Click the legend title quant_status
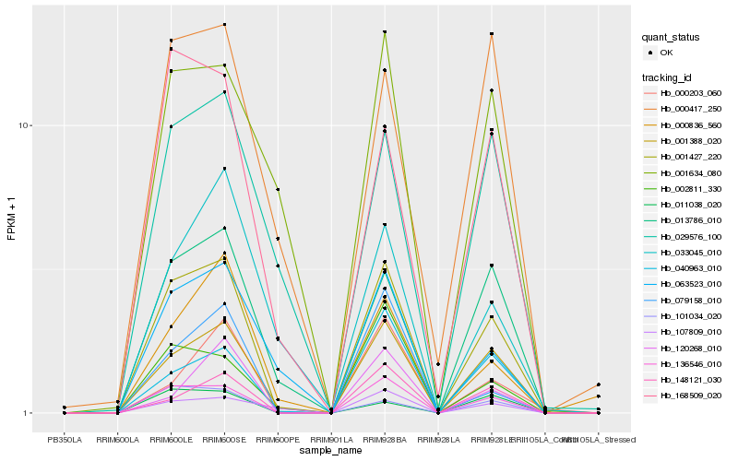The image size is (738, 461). tap(671, 38)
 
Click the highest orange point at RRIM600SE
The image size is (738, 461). tap(225, 25)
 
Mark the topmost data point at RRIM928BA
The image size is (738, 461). tap(385, 32)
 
